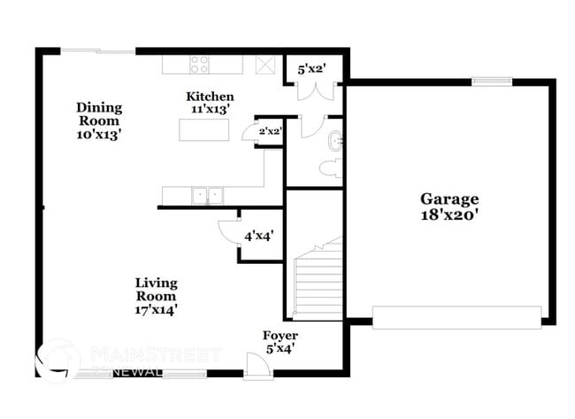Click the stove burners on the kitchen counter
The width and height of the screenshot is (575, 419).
tap(200, 64)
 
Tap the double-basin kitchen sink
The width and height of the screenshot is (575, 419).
tap(209, 195)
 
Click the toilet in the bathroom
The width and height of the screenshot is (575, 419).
tap(331, 168)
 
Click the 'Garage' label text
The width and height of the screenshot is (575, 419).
tap(448, 199)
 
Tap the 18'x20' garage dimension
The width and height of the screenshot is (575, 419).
tap(448, 214)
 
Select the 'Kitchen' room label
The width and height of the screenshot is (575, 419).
tap(210, 96)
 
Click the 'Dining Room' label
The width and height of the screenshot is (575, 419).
tap(98, 114)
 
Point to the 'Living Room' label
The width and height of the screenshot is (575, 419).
tap(156, 290)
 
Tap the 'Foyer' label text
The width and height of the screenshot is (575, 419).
tap(280, 336)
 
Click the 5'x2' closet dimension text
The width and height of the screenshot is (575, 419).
tap(310, 69)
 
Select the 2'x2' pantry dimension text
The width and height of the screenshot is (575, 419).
tap(269, 132)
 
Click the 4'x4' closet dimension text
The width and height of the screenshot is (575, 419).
tap(258, 236)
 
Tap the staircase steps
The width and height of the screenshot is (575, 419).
tap(315, 279)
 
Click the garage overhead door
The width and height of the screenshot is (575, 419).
tap(456, 316)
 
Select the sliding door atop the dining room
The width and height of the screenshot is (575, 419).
tap(97, 51)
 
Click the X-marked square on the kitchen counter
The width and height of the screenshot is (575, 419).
tap(264, 64)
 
